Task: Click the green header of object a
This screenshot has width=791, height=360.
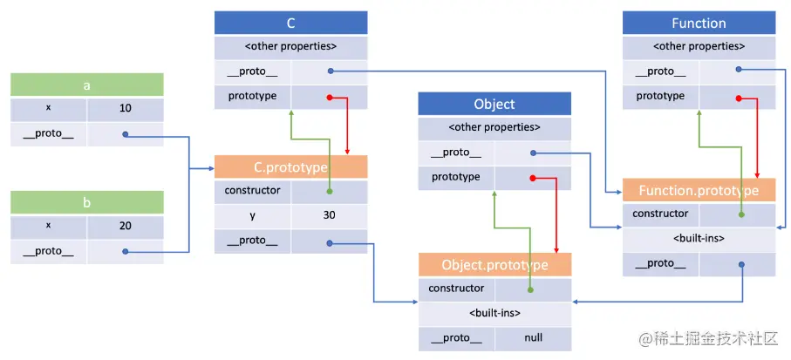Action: pyautogui.click(x=86, y=85)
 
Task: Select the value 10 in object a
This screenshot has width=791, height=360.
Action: pyautogui.click(x=125, y=110)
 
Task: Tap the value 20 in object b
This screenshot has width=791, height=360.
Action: pyautogui.click(x=125, y=227)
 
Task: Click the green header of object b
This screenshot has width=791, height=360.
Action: pyautogui.click(x=86, y=202)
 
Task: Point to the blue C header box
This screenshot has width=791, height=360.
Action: pyautogui.click(x=290, y=24)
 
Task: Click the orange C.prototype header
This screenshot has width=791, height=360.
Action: pyautogui.click(x=290, y=167)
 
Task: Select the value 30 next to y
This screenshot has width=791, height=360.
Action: pyautogui.click(x=329, y=215)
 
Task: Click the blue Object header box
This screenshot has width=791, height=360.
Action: pyautogui.click(x=494, y=105)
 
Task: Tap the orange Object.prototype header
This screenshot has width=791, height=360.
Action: pyautogui.click(x=494, y=265)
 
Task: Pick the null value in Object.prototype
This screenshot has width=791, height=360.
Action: pyautogui.click(x=533, y=337)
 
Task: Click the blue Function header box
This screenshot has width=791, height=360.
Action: pyautogui.click(x=699, y=24)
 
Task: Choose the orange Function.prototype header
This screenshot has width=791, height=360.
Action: pyautogui.click(x=699, y=190)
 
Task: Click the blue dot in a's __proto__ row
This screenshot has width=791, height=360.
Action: pyautogui.click(x=126, y=134)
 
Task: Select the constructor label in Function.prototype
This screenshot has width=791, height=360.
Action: pyautogui.click(x=660, y=214)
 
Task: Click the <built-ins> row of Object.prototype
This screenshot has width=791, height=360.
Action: pyautogui.click(x=494, y=313)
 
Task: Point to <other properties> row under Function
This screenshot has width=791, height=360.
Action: pyautogui.click(x=699, y=47)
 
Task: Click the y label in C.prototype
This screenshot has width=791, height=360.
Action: pyautogui.click(x=253, y=215)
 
